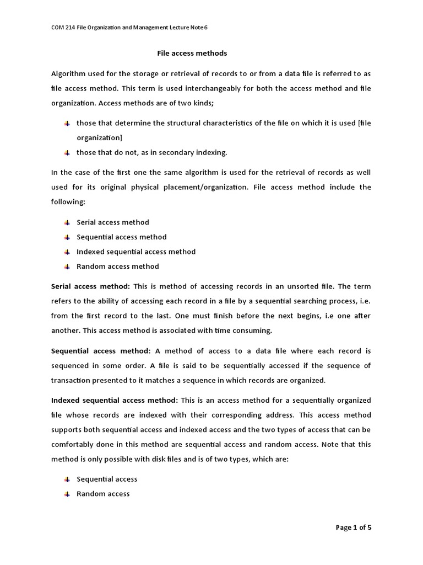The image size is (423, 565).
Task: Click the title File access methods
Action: [x=192, y=54]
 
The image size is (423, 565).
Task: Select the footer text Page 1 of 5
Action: [x=354, y=527]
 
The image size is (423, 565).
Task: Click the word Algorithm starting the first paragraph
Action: [x=69, y=73]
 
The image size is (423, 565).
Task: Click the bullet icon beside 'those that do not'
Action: [x=67, y=153]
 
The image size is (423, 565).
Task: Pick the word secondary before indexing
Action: [x=176, y=153]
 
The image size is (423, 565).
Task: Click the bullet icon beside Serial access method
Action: [x=67, y=222]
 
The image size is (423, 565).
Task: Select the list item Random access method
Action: [x=117, y=266]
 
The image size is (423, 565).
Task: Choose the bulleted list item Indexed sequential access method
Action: [x=135, y=252]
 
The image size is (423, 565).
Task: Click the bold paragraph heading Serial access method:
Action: [x=90, y=286]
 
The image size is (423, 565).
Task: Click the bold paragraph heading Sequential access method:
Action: [x=101, y=351]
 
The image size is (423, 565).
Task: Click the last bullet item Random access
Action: [x=103, y=494]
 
